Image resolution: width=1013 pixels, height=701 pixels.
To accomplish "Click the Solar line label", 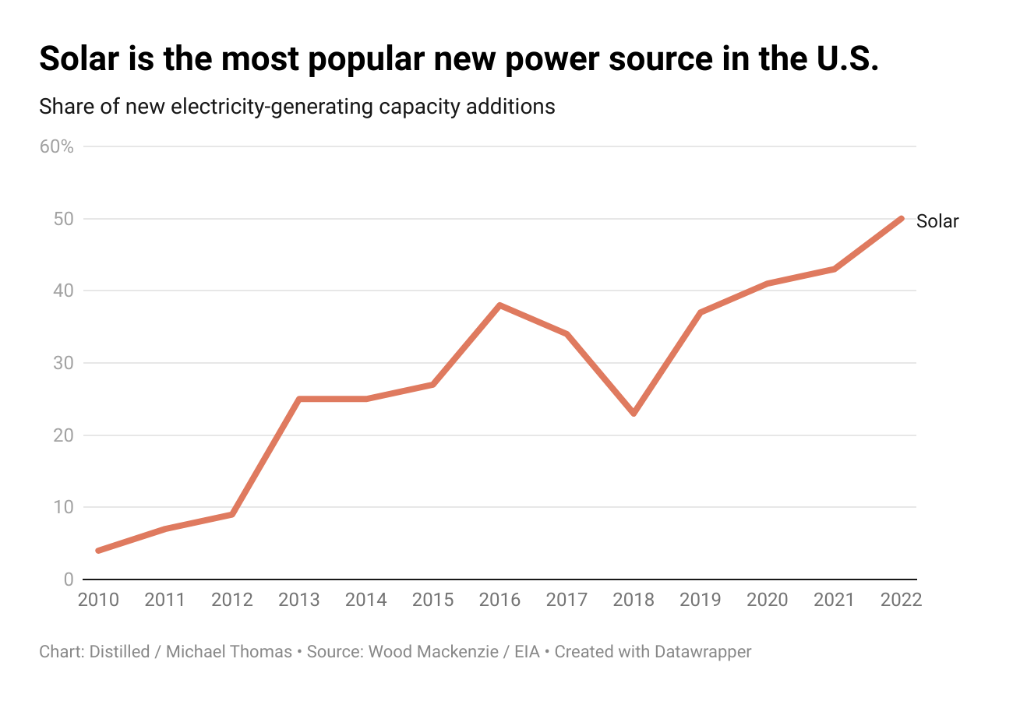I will click(937, 221).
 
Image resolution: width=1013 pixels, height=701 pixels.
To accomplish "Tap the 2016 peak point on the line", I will click(499, 305).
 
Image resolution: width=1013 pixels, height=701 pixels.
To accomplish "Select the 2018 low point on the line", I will click(634, 413).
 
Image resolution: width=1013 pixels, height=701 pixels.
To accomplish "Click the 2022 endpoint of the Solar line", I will click(902, 218).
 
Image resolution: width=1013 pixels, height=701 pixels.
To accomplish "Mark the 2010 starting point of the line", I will click(98, 551).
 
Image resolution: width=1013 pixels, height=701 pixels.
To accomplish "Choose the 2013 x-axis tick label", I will click(299, 600).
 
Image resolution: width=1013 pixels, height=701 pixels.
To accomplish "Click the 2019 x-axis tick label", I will click(701, 600).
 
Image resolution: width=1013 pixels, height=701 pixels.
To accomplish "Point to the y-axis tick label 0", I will click(69, 579).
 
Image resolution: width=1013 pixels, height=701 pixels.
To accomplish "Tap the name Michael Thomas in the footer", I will click(229, 651).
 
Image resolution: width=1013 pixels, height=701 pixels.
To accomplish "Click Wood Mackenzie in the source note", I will click(433, 651).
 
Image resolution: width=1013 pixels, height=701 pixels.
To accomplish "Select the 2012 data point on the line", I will click(232, 514).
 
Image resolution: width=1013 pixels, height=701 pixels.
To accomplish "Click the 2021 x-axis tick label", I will click(835, 600).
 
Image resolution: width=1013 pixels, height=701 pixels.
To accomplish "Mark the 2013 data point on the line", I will click(299, 399).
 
